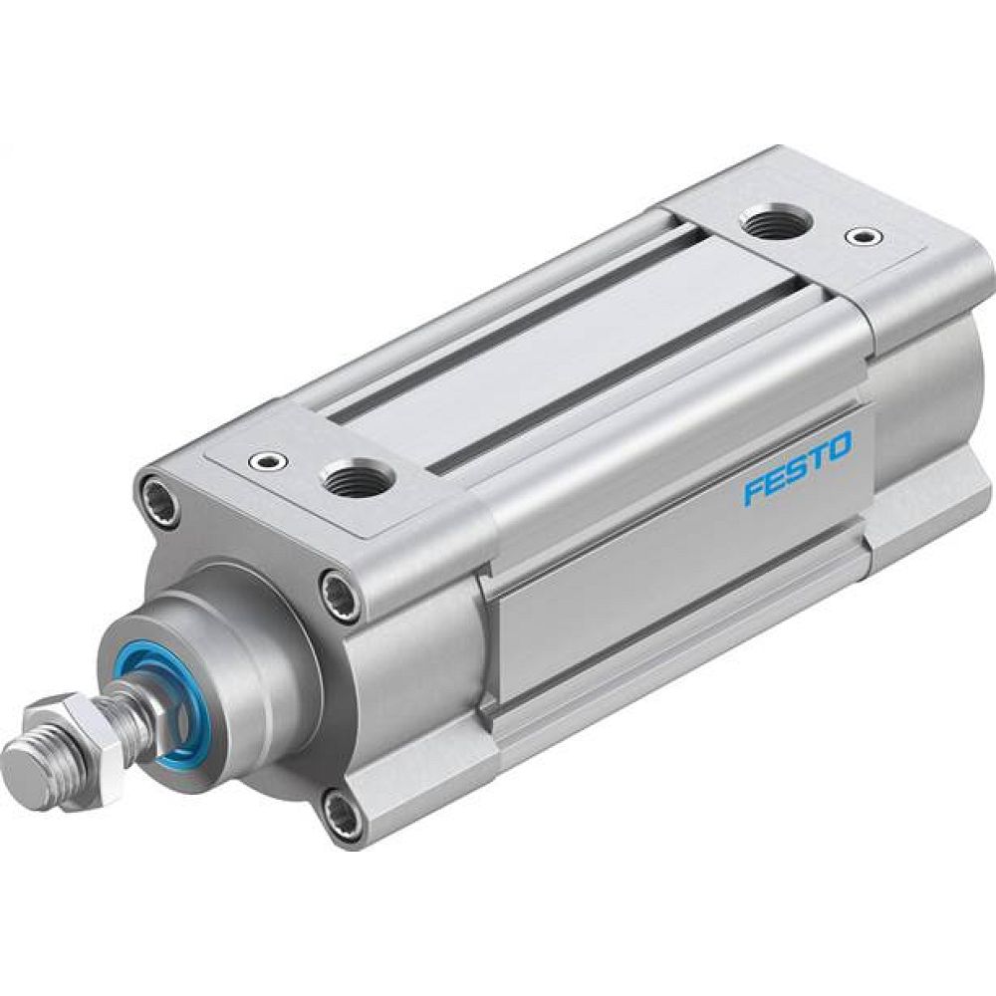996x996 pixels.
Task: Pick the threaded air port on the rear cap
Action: point(766,222)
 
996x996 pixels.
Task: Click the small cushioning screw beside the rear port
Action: point(864,237)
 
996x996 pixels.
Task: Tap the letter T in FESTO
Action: point(818,457)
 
